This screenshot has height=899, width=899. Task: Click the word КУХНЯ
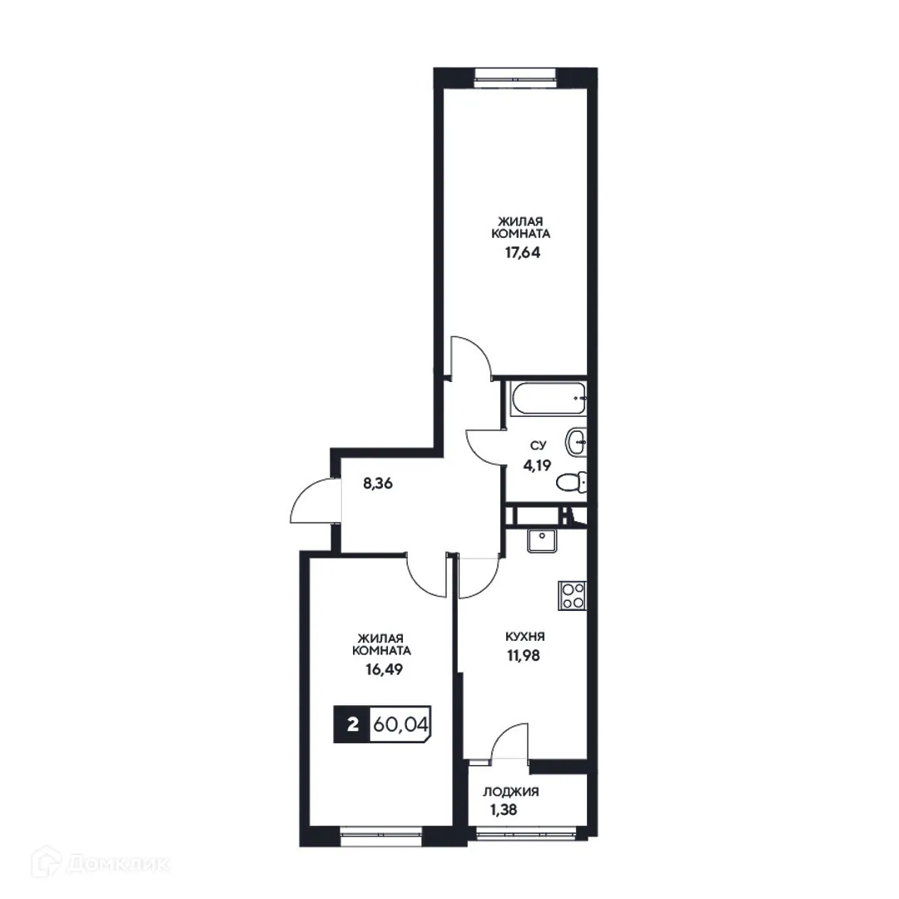pyautogui.click(x=525, y=637)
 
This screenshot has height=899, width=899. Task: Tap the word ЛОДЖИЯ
pyautogui.click(x=511, y=792)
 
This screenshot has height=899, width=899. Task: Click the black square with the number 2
pyautogui.click(x=352, y=724)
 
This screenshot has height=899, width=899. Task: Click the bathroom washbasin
pyautogui.click(x=575, y=441)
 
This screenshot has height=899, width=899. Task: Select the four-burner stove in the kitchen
pyautogui.click(x=573, y=595)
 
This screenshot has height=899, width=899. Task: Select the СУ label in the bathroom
pyautogui.click(x=534, y=447)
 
